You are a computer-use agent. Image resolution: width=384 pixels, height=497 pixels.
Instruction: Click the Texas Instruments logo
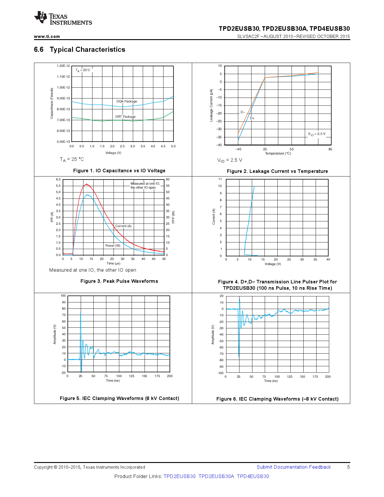63,18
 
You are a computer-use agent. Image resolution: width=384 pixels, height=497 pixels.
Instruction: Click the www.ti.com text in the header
47,36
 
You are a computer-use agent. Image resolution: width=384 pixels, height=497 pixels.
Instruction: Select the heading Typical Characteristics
87,50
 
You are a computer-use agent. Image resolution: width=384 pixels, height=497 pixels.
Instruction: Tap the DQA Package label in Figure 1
126,101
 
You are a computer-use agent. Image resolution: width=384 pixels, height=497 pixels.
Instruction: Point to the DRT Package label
125,117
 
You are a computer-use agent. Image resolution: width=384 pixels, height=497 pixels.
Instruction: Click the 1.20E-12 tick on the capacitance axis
63,66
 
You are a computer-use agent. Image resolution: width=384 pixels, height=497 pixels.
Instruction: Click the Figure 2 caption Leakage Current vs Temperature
277,171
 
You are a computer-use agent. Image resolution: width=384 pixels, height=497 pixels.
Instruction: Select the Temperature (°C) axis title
278,153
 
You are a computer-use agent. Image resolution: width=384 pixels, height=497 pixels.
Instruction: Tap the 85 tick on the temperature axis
330,149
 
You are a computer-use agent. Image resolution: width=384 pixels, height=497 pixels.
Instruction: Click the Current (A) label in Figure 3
123,226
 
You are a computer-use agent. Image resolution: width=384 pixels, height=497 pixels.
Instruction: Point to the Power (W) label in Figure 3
113,245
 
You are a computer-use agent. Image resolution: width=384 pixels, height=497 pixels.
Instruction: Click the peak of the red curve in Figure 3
86,184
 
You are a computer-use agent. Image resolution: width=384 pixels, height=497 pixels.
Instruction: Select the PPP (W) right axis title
173,217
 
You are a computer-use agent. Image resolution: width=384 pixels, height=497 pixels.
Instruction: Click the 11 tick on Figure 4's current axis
220,179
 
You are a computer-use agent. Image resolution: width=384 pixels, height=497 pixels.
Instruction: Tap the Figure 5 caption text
119,398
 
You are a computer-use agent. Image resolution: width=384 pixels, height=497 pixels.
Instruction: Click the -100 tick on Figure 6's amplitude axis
220,373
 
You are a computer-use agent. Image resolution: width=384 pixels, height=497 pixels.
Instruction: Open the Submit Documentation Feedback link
294,467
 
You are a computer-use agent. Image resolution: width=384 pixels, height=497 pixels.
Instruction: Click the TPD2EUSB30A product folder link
216,476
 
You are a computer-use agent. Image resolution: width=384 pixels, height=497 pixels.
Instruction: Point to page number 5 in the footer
348,467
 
